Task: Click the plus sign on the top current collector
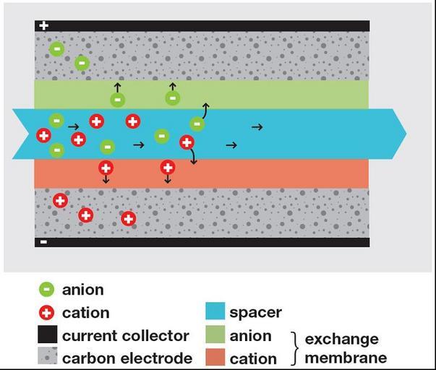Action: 44,26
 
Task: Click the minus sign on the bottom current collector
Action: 44,242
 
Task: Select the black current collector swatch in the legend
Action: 48,335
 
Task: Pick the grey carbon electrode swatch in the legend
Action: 48,358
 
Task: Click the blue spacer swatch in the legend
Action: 215,312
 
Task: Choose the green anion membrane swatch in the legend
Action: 215,335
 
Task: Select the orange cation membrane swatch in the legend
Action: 215,358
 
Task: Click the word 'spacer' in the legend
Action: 255,312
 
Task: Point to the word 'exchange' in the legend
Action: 341,339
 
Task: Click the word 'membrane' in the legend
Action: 346,357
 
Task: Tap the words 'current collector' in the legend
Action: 126,335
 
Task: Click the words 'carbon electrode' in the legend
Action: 127,358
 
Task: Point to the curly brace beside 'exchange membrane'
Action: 294,347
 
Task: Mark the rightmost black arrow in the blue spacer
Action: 257,127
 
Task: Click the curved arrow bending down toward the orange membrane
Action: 192,156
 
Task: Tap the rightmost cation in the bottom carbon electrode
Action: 129,218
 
